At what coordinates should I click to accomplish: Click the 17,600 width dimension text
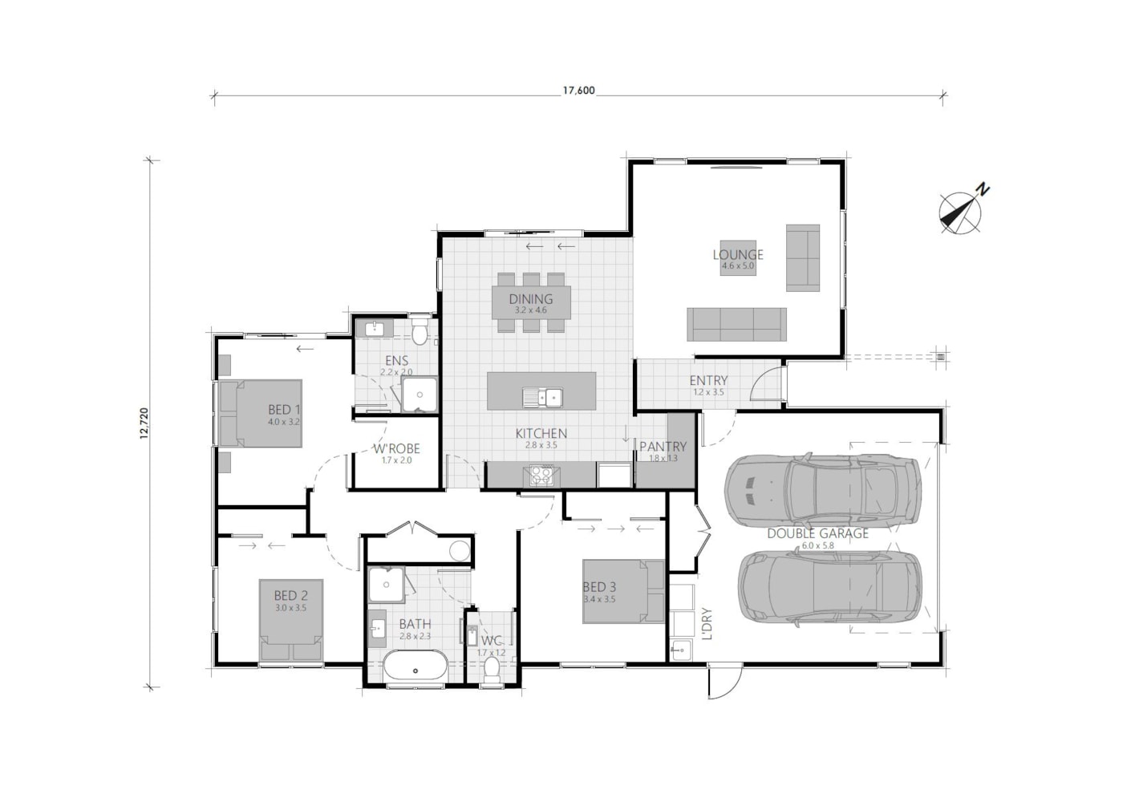tap(578, 91)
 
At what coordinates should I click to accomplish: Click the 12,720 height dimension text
tap(144, 423)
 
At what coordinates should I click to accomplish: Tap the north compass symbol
tap(960, 213)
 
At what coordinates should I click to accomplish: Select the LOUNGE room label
tap(738, 255)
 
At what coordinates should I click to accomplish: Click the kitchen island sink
tap(542, 396)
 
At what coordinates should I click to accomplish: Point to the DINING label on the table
tap(531, 300)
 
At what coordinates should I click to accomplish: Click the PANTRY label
tap(663, 447)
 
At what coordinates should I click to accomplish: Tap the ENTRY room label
tap(708, 381)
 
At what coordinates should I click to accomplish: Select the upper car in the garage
tap(821, 490)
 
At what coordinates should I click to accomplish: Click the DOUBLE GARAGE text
tap(817, 533)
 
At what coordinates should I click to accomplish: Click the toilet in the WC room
tap(492, 671)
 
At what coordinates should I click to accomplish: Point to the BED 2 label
tap(290, 596)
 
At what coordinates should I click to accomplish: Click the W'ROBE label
tap(396, 449)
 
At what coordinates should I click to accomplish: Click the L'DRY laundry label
tap(707, 623)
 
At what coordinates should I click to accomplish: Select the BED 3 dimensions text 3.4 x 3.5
tap(599, 599)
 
